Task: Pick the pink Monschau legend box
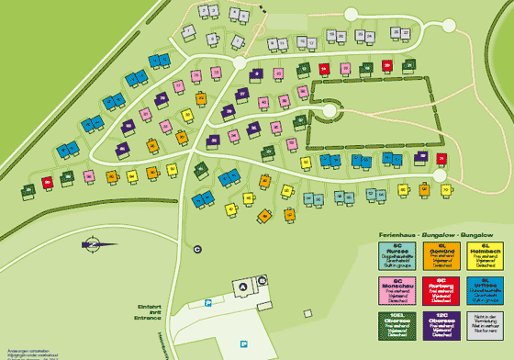397,290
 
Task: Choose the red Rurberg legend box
441,290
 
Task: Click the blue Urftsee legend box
486,290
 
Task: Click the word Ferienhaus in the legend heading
397,236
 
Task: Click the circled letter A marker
242,287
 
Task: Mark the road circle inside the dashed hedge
330,111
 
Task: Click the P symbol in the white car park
243,343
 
